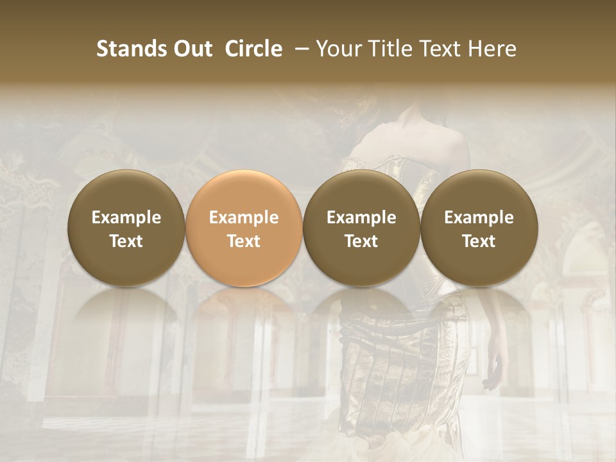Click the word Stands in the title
point(132,49)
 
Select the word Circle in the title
point(253,49)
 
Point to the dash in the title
point(299,49)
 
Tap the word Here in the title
point(492,49)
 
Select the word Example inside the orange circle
point(244,218)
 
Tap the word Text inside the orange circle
point(244,241)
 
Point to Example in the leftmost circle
point(126,218)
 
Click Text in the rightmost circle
point(479,241)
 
